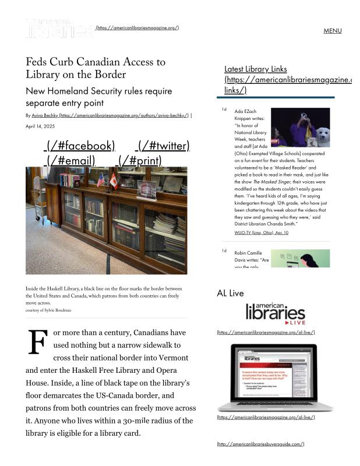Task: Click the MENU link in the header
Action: click(332, 31)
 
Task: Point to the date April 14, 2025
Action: click(40, 126)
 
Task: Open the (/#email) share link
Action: click(69, 160)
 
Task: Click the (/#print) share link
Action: click(140, 160)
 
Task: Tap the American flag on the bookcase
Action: click(101, 181)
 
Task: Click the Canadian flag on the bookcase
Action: click(114, 182)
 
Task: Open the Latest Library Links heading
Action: click(255, 69)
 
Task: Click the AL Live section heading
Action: click(230, 293)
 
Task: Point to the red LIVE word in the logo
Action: click(297, 322)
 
